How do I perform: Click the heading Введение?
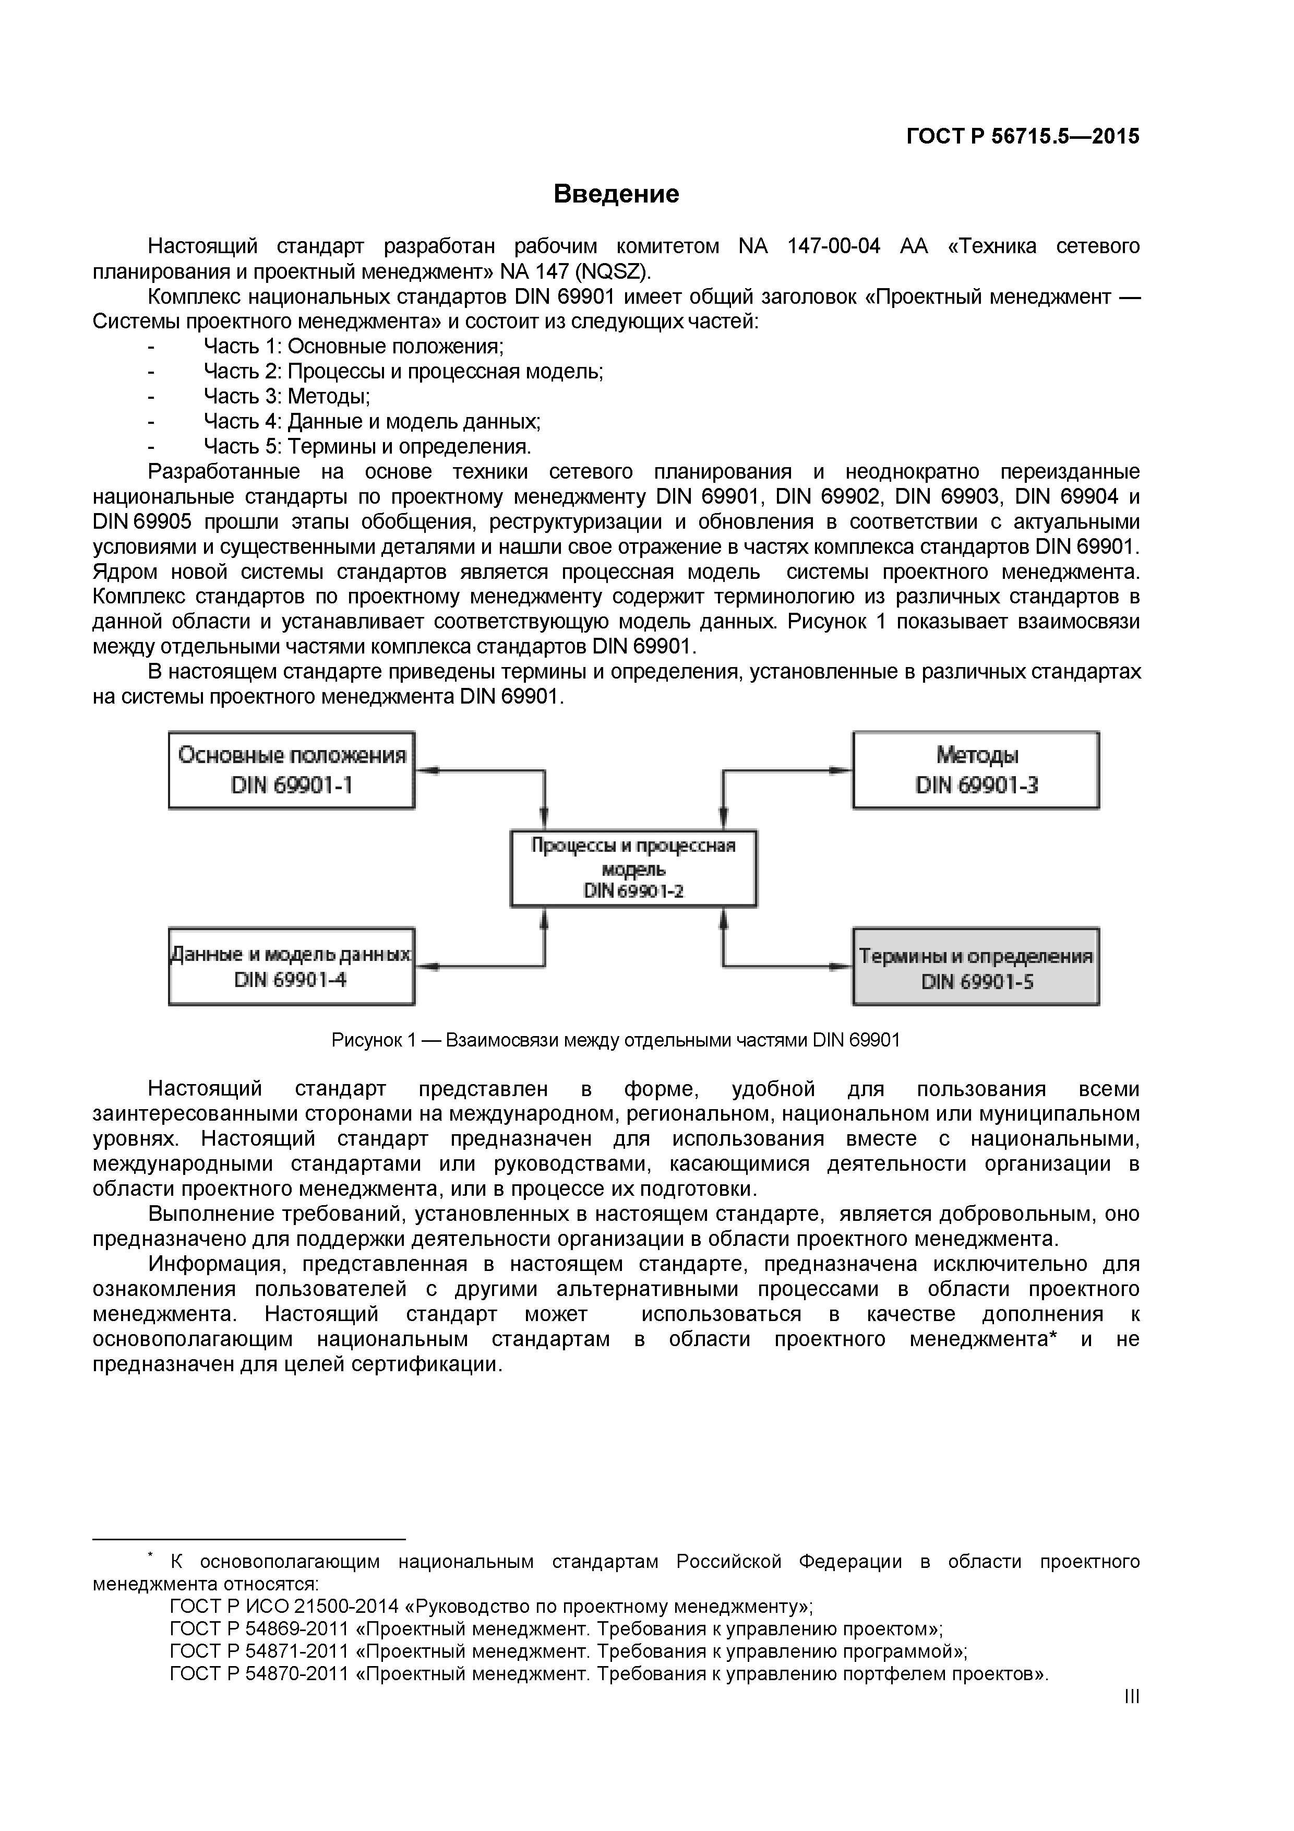(x=616, y=194)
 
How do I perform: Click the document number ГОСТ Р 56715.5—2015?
(x=1022, y=136)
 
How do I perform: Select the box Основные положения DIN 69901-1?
(x=292, y=770)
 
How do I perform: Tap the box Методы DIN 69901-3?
(x=975, y=770)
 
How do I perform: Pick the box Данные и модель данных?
(x=292, y=966)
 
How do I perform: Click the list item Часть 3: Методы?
(x=286, y=396)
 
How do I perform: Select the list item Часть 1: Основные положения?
(x=353, y=346)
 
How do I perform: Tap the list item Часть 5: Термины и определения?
(x=367, y=447)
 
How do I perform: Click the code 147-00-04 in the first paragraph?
(x=833, y=246)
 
